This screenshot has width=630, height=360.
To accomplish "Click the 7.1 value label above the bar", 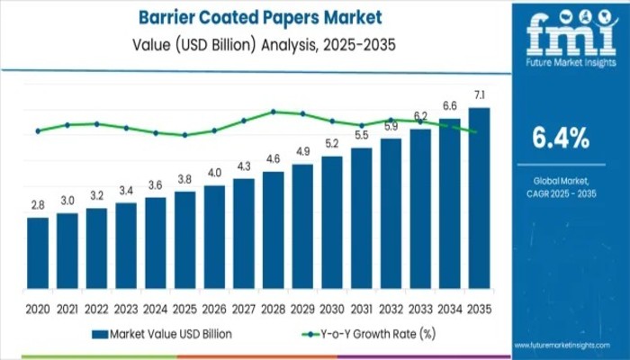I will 479,95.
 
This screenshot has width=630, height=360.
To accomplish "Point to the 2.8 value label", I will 38,205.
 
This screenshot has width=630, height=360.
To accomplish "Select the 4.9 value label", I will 302,151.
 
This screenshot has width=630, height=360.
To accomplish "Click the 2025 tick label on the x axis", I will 184,308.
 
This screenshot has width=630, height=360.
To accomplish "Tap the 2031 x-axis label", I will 361,308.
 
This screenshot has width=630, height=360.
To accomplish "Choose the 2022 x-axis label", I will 96,308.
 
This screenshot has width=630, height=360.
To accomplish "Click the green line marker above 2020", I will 38,130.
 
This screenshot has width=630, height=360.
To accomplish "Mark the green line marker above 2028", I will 273,112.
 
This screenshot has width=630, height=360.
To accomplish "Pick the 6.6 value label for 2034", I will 449,106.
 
